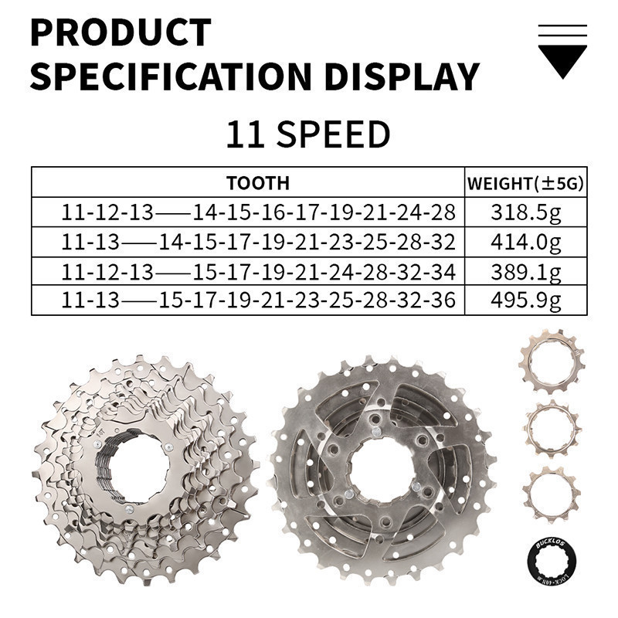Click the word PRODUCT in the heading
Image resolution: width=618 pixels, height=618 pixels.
tap(120, 32)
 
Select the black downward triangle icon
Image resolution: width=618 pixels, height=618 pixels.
tap(562, 61)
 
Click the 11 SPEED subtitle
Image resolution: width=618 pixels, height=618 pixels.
tap(307, 134)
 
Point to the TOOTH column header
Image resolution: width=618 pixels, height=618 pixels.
tap(258, 183)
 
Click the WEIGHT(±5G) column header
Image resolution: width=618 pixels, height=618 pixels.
tap(525, 183)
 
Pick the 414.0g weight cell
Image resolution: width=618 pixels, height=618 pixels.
tap(525, 242)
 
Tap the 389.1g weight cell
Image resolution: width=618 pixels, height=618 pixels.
tap(525, 271)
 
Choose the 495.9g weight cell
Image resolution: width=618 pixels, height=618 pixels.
tap(525, 300)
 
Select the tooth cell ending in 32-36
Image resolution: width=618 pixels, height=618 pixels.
tap(258, 300)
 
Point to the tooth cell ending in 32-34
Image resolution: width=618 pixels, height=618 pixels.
tap(258, 271)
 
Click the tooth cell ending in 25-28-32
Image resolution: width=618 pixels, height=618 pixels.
tap(258, 242)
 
